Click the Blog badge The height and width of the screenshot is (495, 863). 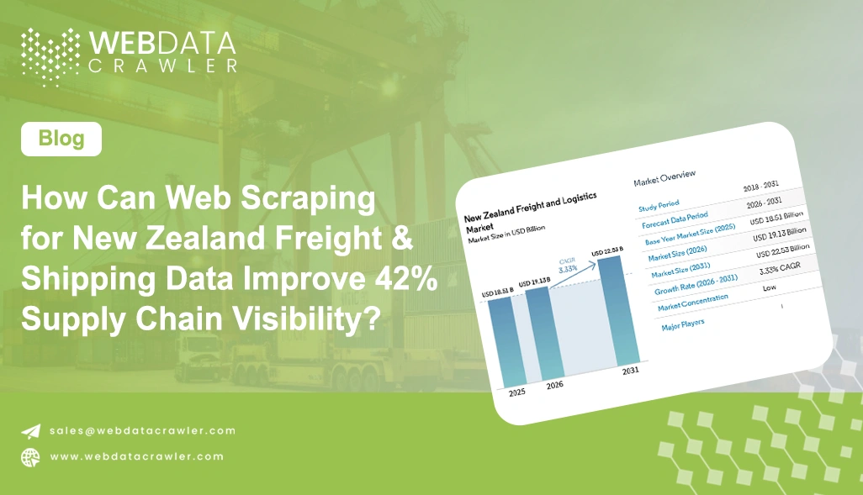click(61, 139)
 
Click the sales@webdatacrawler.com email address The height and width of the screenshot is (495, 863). click(142, 430)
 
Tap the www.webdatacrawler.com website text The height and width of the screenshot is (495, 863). click(136, 456)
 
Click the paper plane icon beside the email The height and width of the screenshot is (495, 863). click(30, 431)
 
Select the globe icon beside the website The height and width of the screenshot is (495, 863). click(30, 457)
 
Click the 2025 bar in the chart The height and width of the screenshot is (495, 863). click(506, 340)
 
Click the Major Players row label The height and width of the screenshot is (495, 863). click(684, 322)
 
